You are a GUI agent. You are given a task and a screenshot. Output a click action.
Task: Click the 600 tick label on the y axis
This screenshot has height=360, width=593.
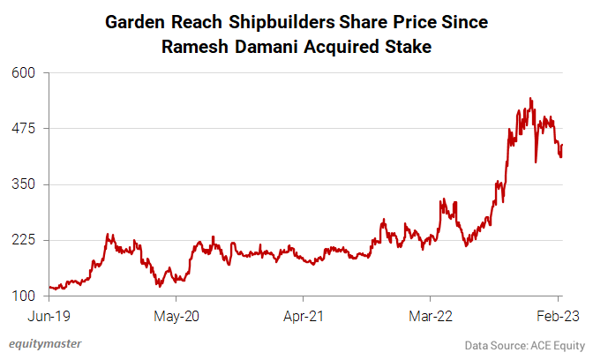23,73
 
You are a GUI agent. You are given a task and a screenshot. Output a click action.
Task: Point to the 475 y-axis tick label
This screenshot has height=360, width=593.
23,129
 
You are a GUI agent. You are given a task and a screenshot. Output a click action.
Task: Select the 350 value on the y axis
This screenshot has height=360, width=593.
23,184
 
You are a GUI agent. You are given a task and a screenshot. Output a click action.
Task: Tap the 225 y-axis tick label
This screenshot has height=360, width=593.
23,240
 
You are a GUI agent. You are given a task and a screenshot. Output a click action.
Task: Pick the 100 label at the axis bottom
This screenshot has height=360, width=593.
23,296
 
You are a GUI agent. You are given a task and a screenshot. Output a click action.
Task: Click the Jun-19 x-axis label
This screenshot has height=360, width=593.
49,314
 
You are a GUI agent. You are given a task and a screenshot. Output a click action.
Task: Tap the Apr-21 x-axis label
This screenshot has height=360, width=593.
304,314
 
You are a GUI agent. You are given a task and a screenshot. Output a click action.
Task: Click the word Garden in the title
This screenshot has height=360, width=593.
136,20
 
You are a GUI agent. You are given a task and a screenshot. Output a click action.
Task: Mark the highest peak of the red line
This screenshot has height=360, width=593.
530,98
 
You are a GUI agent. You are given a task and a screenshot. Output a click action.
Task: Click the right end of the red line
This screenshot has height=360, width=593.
563,145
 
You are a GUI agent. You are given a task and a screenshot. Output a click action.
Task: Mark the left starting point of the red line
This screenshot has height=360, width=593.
50,284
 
